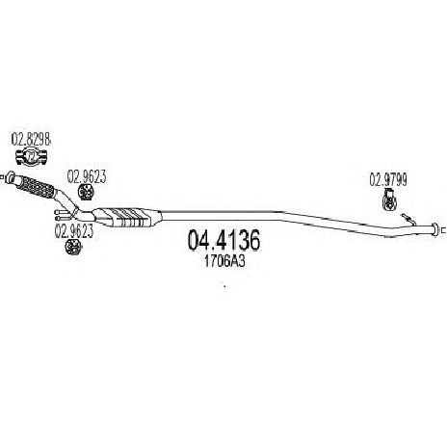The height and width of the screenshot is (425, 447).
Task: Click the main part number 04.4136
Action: click(223, 240)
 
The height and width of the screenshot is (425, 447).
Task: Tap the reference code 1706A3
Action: click(224, 261)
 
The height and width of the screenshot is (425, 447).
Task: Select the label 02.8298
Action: click(31, 140)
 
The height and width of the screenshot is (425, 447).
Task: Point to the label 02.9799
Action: click(388, 179)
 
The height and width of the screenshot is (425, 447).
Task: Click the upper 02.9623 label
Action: click(87, 176)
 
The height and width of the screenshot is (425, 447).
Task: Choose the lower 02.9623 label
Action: click(74, 231)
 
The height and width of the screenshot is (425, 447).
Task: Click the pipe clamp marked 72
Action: click(32, 157)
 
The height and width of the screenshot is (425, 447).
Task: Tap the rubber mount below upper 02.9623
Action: click(86, 192)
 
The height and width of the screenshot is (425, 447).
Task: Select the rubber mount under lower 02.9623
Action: click(73, 246)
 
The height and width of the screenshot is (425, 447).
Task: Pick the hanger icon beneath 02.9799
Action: click(390, 199)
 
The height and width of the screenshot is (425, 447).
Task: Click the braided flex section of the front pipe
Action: click(37, 187)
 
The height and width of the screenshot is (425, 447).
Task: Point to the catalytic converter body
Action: click(127, 218)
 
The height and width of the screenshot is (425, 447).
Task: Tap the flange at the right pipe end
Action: click(435, 229)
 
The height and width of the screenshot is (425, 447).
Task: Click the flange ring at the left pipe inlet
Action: click(11, 177)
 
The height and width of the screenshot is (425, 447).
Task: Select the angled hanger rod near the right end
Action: click(408, 219)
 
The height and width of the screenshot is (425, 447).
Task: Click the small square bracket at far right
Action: click(443, 229)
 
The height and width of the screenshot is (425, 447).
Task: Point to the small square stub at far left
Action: click(2, 176)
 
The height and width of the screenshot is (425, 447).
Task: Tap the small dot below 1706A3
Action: click(224, 286)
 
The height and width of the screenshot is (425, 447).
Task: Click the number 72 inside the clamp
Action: click(31, 157)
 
